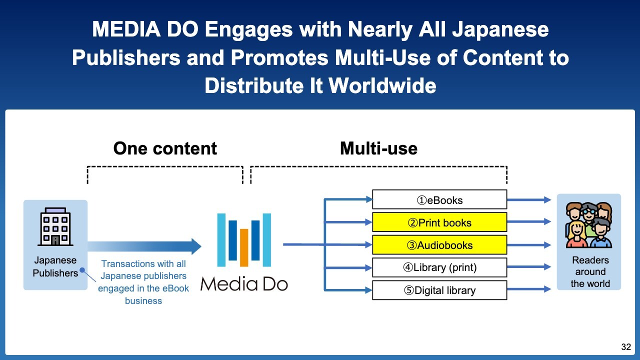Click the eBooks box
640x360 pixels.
[439, 200]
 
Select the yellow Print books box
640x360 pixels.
[439, 222]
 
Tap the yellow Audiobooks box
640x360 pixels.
[439, 245]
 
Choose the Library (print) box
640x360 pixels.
[439, 267]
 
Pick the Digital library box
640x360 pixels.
[439, 290]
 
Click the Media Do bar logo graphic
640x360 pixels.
[244, 240]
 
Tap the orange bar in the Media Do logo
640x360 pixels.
[244, 247]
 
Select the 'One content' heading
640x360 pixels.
[165, 148]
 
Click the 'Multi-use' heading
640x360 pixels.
[378, 148]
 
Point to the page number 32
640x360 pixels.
[626, 347]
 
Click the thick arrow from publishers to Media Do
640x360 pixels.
[145, 246]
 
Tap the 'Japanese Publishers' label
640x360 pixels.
[55, 266]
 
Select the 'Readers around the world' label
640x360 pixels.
[590, 272]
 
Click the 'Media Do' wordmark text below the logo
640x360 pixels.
[244, 284]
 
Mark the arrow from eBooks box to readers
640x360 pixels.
[529, 200]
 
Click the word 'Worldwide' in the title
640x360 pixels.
[382, 86]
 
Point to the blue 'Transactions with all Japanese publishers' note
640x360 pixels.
[143, 282]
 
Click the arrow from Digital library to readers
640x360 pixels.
[529, 289]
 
